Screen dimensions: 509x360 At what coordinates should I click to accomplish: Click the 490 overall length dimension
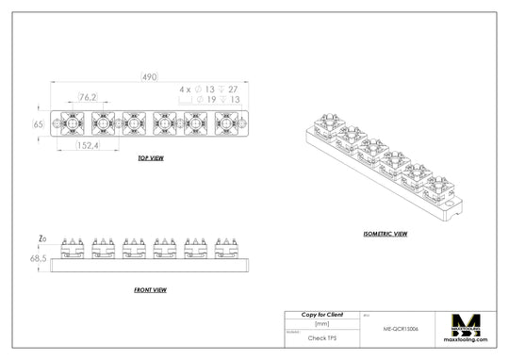(148, 76)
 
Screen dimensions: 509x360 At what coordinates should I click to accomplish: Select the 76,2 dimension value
(88, 97)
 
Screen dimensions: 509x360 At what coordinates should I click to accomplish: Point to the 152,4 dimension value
(88, 146)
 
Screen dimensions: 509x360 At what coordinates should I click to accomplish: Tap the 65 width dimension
(39, 123)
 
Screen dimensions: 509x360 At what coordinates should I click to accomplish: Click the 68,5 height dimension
(39, 257)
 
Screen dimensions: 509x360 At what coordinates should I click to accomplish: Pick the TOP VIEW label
(151, 158)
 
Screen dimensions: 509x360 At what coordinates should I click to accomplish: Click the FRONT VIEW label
(151, 289)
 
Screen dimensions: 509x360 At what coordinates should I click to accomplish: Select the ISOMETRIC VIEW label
(385, 233)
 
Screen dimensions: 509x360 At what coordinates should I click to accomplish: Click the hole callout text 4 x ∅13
(198, 89)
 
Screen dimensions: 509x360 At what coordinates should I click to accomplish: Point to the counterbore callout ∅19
(210, 98)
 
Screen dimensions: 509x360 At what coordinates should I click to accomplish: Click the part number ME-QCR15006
(401, 331)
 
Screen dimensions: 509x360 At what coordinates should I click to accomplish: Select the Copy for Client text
(321, 314)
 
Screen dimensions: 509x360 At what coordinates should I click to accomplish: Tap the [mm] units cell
(321, 323)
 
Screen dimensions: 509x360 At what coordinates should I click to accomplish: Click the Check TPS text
(321, 335)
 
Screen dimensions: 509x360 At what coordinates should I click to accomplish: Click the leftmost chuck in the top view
(72, 123)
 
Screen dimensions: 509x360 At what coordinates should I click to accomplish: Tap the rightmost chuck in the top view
(226, 123)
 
